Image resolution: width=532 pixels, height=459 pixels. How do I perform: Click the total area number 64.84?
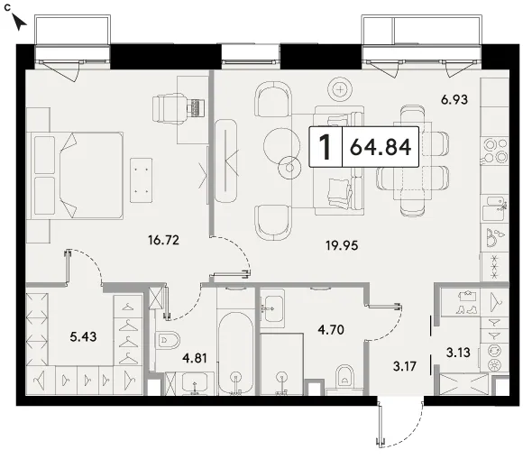[x=381, y=147]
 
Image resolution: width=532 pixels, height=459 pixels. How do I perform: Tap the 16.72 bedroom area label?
[x=163, y=240]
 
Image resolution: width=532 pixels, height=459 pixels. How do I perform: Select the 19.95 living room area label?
[x=342, y=245]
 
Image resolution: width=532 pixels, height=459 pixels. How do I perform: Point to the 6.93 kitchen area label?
[x=454, y=100]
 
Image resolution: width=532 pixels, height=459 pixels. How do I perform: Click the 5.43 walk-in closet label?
[x=83, y=336]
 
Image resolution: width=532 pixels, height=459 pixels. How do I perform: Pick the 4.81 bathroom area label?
[x=195, y=358]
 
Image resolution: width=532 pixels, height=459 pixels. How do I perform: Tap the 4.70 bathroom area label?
[x=331, y=329]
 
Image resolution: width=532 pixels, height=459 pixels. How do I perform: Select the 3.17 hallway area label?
[x=405, y=366]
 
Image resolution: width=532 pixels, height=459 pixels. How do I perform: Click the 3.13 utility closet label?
[x=458, y=353]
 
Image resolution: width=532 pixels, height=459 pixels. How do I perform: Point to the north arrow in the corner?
[x=19, y=22]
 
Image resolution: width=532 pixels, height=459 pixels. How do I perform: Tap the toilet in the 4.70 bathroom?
[x=345, y=377]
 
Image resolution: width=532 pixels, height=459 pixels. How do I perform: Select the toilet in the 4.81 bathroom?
[x=167, y=340]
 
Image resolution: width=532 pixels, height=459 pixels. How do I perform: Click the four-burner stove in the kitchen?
[x=495, y=151]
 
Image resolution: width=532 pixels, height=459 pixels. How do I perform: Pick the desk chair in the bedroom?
[x=169, y=108]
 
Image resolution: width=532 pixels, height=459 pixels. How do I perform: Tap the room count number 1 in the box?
[x=325, y=147]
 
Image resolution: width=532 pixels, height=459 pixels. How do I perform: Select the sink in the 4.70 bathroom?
[x=272, y=308]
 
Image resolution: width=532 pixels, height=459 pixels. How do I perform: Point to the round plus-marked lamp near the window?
[x=340, y=89]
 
